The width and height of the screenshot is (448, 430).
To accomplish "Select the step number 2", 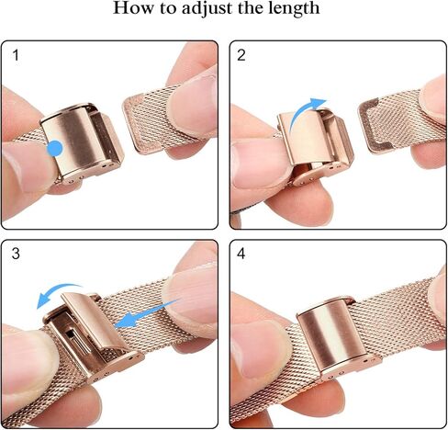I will tap(241, 56).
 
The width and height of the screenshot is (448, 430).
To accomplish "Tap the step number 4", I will tap(241, 255).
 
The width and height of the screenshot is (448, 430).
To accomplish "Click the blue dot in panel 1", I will tap(55, 147).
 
